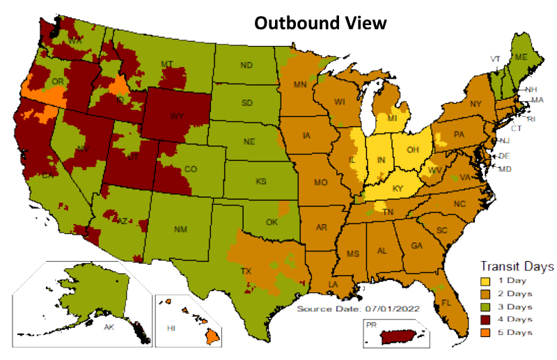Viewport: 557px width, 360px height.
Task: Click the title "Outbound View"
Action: click(320, 22)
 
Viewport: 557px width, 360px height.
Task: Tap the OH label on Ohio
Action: click(411, 148)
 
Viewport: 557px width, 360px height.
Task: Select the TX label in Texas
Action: click(246, 271)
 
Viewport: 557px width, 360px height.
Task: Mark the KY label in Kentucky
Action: click(397, 189)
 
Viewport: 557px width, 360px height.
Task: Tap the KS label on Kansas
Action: click(260, 181)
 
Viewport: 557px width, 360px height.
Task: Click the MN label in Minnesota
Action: click(300, 86)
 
